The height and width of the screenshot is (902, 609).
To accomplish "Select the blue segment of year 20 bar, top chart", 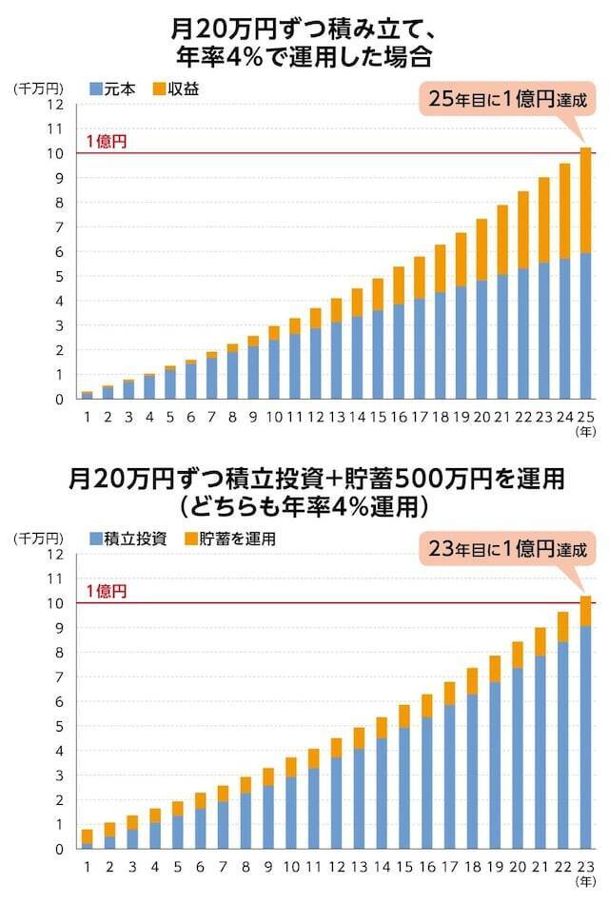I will (481, 339).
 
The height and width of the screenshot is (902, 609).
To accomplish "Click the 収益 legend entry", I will (183, 88).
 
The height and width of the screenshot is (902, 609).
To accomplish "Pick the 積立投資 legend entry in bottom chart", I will (128, 539).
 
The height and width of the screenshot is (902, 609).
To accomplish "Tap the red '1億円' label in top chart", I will (106, 141).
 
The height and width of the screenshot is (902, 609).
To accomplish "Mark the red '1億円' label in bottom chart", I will (106, 591).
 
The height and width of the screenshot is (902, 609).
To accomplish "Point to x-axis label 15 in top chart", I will (377, 415).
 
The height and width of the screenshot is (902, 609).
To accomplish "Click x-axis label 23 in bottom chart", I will (586, 865).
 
